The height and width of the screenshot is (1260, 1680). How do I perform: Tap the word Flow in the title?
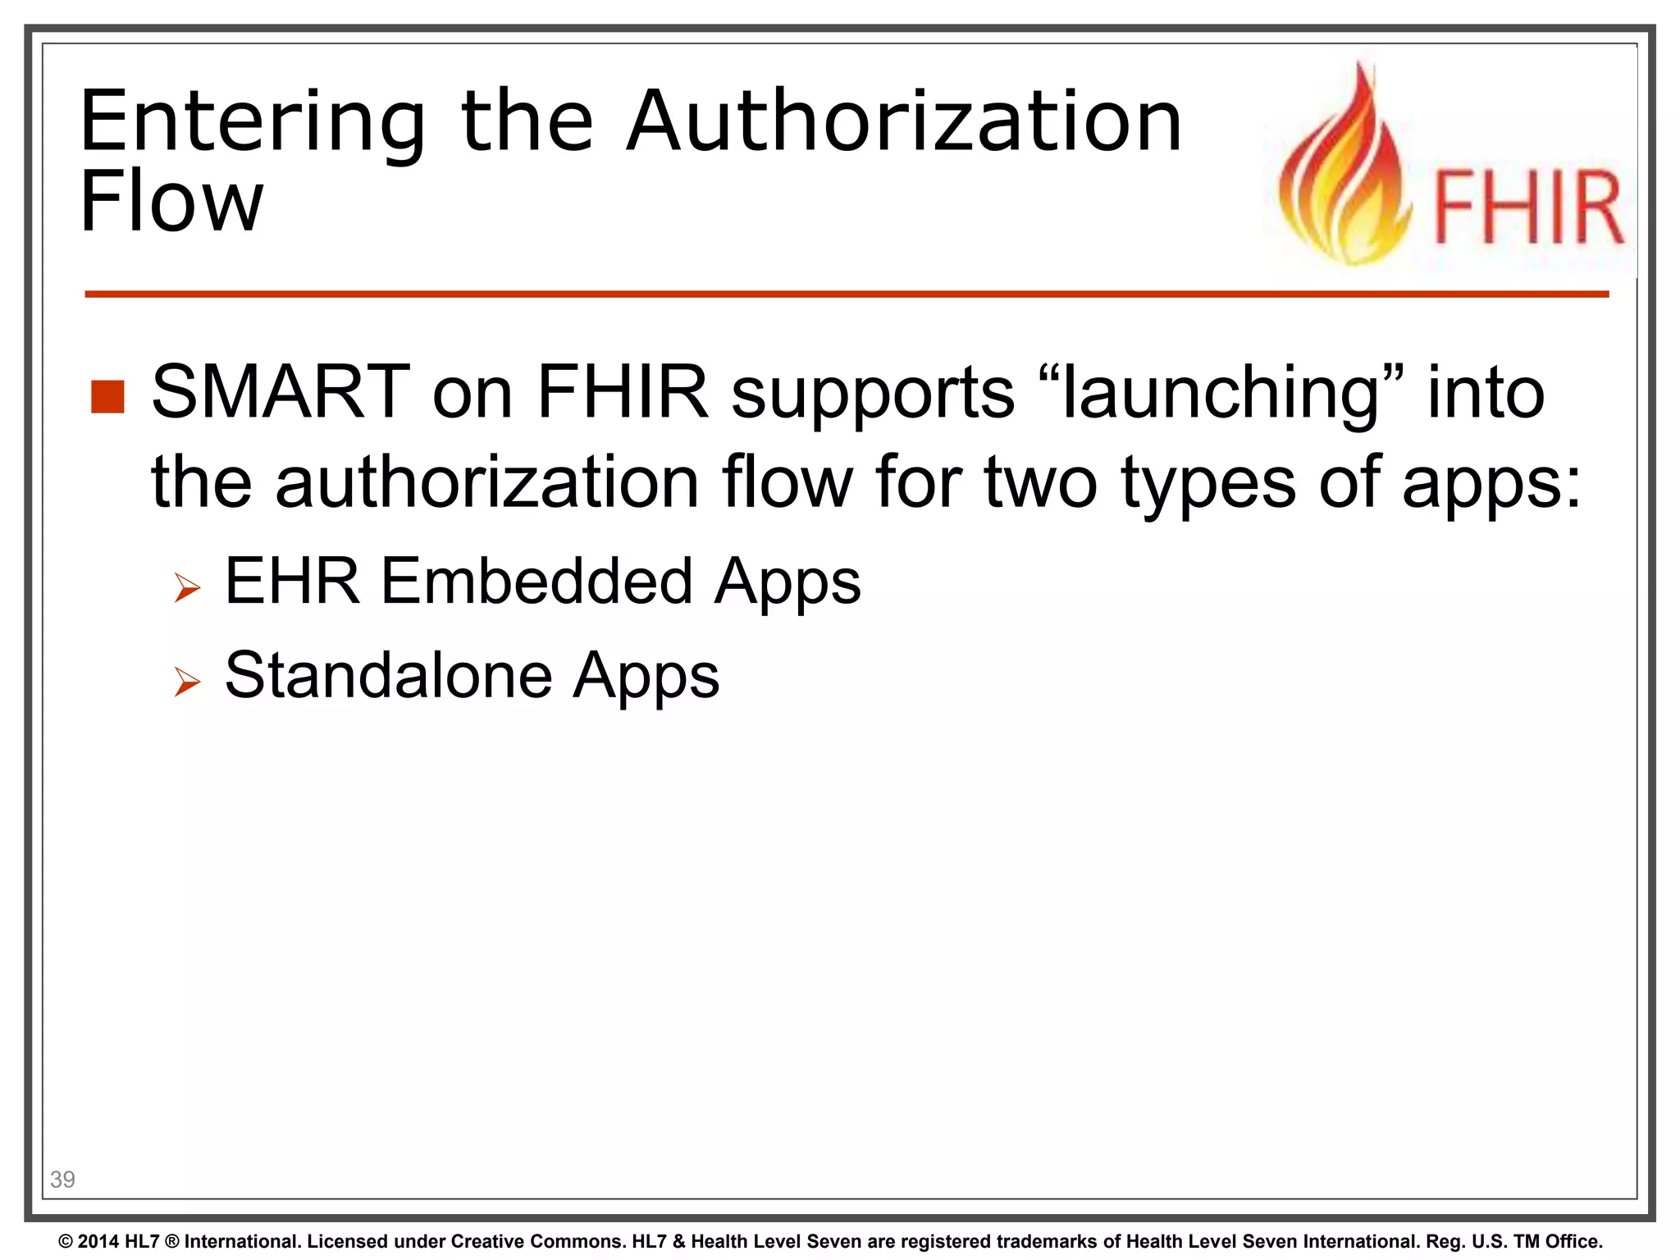171,202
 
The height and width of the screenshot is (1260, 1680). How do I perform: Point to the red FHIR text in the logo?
1527,208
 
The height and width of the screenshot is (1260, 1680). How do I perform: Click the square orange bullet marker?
107,397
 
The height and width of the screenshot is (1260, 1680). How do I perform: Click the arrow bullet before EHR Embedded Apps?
187,587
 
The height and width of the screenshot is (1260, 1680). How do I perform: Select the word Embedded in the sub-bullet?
538,581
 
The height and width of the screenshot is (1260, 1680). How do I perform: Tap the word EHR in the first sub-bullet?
292,581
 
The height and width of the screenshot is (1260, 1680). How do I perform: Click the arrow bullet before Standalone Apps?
187,681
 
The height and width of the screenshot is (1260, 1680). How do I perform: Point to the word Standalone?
389,675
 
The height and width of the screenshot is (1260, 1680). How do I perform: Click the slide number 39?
62,1180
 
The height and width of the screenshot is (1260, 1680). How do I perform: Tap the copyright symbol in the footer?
66,1242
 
